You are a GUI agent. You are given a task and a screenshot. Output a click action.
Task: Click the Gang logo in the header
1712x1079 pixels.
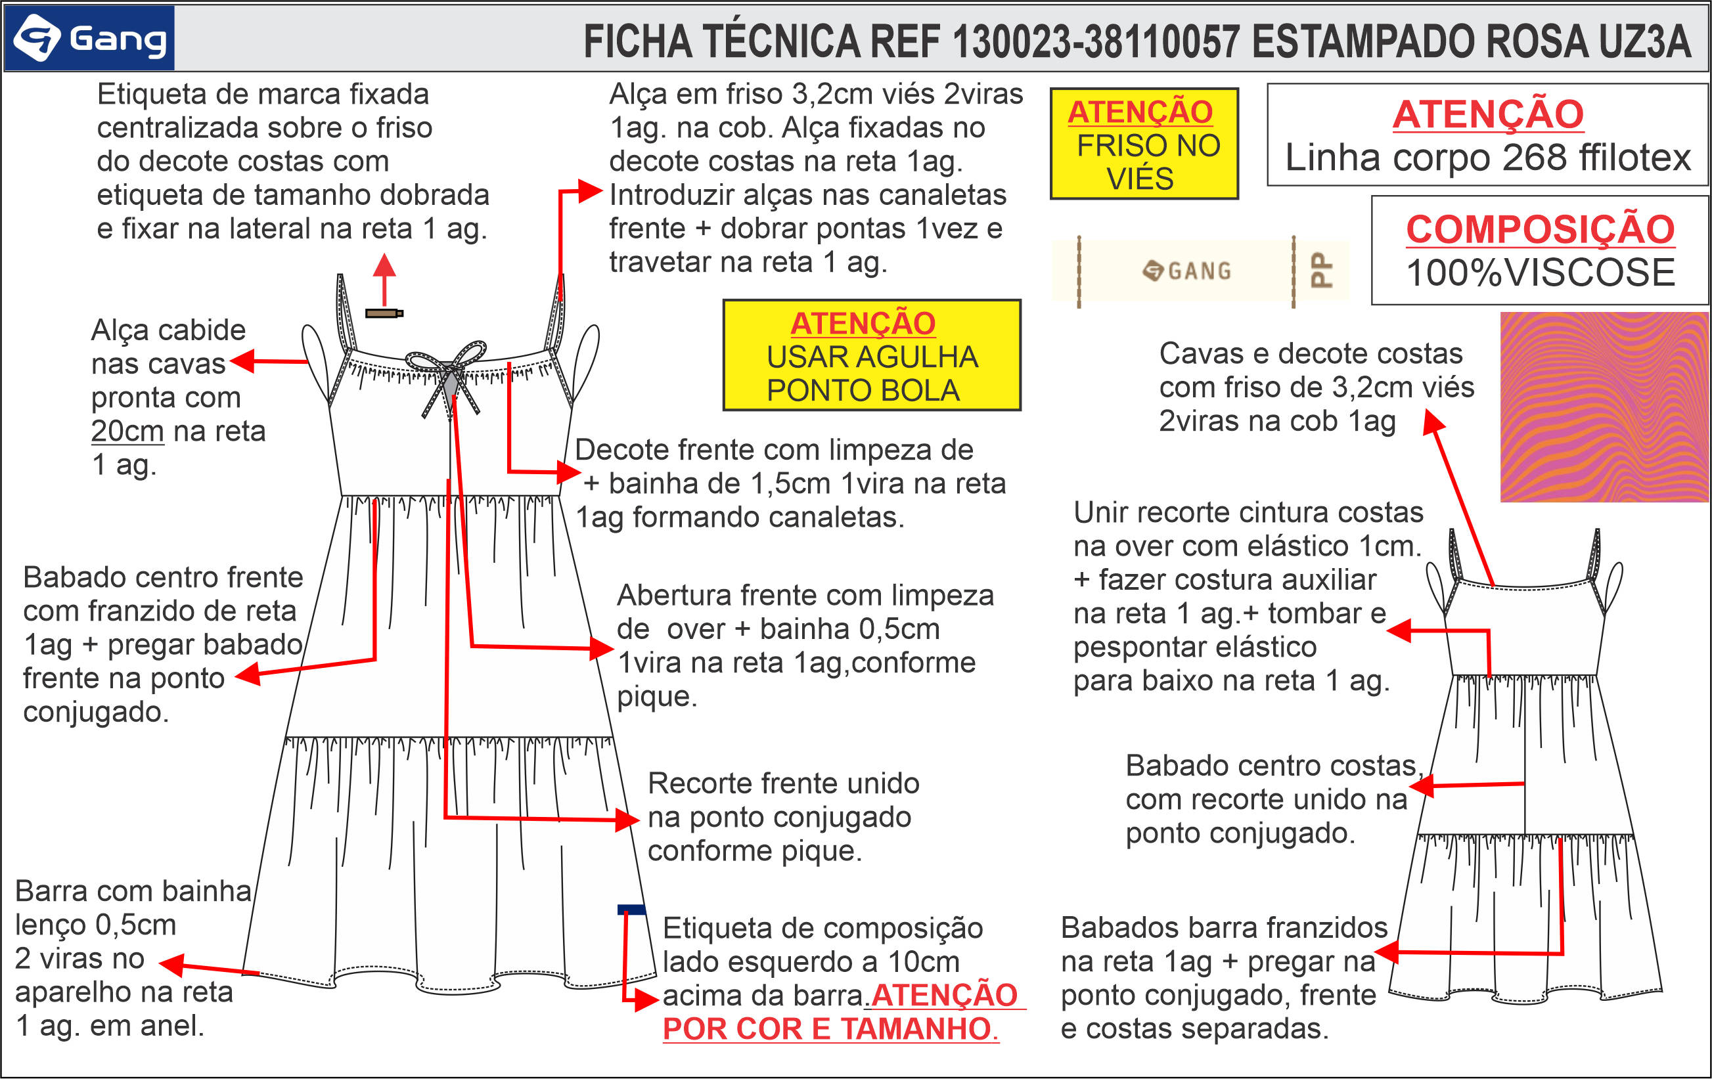(89, 38)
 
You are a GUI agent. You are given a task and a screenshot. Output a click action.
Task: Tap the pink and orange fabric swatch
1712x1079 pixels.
(1604, 407)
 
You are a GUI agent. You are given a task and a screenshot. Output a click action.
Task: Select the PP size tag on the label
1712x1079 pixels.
(1321, 270)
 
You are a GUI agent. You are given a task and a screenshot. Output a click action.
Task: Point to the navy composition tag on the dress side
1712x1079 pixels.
(631, 909)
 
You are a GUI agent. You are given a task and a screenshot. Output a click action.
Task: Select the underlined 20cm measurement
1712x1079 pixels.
(127, 431)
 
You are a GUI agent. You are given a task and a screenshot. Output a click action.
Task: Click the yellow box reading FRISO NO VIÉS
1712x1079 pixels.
(1144, 144)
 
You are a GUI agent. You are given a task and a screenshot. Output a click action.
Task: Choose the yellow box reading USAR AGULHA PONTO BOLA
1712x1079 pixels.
(872, 355)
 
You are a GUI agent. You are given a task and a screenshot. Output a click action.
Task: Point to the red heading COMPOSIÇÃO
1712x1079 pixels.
(1540, 229)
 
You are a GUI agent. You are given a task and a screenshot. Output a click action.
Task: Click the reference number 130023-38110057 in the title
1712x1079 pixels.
(1096, 41)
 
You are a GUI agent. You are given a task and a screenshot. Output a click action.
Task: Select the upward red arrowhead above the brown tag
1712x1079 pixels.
(384, 265)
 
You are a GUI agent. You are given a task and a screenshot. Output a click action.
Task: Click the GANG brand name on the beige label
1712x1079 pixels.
(1199, 271)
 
